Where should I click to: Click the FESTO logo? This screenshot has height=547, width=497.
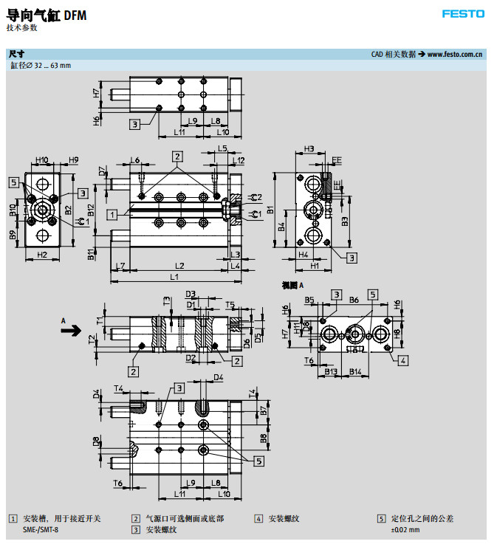463,13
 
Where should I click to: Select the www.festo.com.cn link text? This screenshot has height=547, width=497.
455,54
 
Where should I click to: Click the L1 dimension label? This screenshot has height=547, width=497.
174,277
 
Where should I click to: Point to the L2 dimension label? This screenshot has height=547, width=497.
179,265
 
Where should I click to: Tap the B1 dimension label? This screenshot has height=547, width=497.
271,210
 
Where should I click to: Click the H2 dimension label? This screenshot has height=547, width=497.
42,255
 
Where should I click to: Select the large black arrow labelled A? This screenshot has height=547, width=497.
72,331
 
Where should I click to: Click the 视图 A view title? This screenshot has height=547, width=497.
292,285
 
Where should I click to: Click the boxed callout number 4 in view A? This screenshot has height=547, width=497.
402,360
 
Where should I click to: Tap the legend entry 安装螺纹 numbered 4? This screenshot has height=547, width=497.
284,518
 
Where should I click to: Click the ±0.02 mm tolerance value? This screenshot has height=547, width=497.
405,529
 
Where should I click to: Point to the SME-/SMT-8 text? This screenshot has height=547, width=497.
41,529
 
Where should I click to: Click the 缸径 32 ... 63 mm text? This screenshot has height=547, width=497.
41,66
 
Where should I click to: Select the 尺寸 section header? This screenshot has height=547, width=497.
16,54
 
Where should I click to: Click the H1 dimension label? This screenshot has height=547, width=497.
315,265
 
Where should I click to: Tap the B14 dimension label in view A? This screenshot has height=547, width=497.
355,371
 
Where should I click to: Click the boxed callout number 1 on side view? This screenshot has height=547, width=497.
111,214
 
